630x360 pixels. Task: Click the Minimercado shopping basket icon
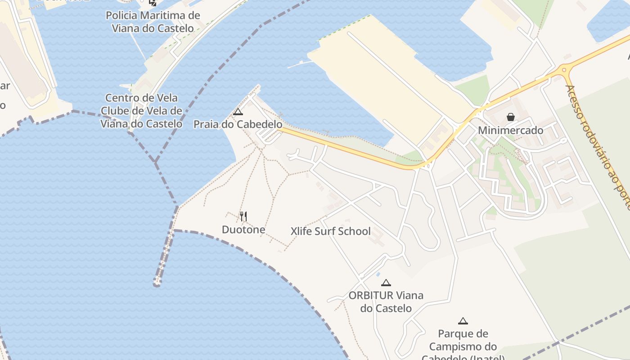[511, 117]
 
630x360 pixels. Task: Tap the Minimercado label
[511, 130]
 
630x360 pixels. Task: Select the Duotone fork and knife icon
[243, 216]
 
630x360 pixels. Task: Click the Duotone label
[243, 229]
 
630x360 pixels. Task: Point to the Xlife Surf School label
[331, 231]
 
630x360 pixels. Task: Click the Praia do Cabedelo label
[238, 124]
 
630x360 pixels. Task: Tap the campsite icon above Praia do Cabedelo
[238, 112]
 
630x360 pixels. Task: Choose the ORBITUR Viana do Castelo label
[386, 301]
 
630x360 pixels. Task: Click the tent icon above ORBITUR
[386, 283]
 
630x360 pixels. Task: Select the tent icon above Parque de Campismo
[463, 321]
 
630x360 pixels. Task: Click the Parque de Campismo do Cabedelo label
[463, 346]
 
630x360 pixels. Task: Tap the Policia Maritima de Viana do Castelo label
[153, 22]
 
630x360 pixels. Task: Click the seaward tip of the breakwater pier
[157, 283]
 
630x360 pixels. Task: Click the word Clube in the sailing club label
[115, 111]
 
